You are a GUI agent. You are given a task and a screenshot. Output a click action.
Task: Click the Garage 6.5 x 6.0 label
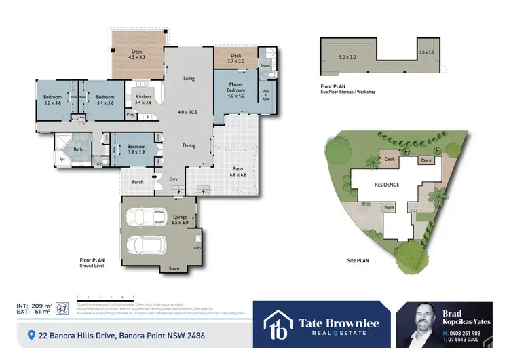[180, 219]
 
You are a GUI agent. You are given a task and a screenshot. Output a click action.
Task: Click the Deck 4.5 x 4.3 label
[138, 54]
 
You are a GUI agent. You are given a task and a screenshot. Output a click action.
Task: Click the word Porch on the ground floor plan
[137, 181]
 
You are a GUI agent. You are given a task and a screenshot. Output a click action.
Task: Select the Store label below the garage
[175, 269]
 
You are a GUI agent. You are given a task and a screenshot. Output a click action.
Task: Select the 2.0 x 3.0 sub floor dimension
[426, 52]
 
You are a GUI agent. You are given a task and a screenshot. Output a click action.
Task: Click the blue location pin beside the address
[31, 335]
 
